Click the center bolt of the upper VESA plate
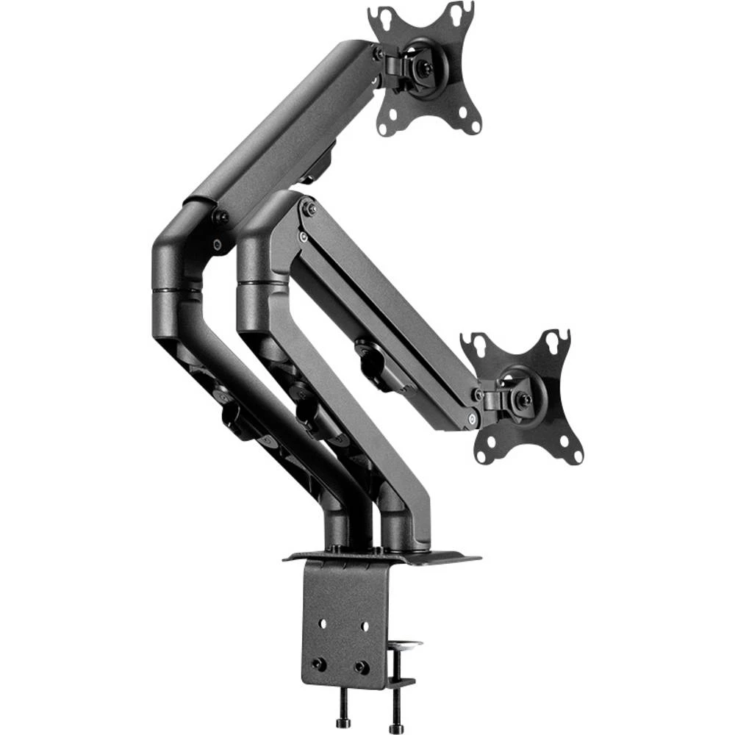420,67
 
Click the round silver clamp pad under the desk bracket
404,646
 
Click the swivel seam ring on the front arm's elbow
262,284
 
